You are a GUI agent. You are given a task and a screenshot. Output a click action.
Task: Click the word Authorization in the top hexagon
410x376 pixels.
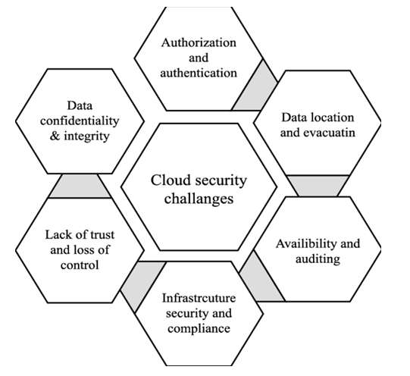click(199, 42)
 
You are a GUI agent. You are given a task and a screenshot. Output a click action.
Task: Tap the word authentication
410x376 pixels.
click(199, 73)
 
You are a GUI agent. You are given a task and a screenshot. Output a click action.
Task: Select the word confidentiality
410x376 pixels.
click(80, 121)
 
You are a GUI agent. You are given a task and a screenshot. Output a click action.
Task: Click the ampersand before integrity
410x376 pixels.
click(55, 136)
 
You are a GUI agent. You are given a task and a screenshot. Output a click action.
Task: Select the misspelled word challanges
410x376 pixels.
click(199, 199)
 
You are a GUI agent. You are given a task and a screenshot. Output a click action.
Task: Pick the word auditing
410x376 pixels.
click(318, 259)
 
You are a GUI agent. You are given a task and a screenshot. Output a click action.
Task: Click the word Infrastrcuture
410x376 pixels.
click(199, 298)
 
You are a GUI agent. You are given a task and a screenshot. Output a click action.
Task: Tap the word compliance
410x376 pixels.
click(199, 329)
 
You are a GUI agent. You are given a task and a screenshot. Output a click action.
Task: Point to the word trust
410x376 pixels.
click(102, 235)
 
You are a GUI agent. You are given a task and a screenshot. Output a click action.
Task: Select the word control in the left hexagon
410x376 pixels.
click(80, 265)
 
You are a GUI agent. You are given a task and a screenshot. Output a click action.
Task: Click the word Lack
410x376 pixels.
click(58, 234)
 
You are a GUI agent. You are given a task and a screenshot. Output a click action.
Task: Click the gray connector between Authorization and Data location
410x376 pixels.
click(255, 89)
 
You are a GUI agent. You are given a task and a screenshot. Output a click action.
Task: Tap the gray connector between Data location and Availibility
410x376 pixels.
click(318, 186)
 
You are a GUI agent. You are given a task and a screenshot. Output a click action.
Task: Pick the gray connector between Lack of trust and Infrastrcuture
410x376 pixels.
click(142, 284)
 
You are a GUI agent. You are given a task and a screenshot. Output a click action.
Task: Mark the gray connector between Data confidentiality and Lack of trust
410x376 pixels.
click(80, 186)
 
